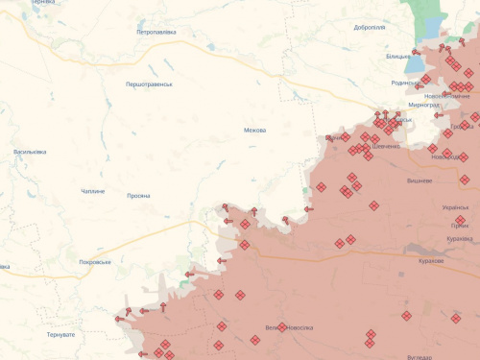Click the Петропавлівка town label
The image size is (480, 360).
tap(156, 32)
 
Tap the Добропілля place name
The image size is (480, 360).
tap(369, 28)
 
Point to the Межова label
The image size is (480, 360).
tap(254, 131)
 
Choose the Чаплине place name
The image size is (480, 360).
tap(92, 191)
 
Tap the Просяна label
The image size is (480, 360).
tap(138, 196)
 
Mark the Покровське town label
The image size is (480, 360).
tap(95, 262)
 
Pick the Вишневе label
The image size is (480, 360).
tap(420, 180)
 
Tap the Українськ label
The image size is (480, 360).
tap(455, 207)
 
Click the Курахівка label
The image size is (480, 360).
tap(459, 238)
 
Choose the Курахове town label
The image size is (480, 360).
tap(431, 260)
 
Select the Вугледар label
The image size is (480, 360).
tap(420, 356)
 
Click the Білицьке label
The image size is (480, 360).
tap(398, 57)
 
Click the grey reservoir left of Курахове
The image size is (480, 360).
tap(400, 257)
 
